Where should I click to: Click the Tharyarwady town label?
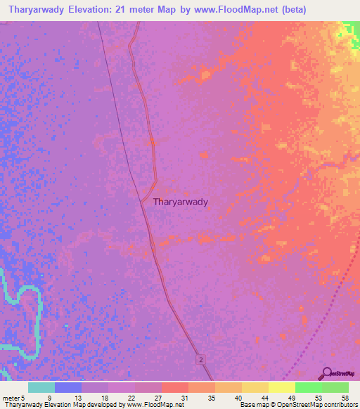tap(181, 202)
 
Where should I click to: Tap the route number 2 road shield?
tap(202, 359)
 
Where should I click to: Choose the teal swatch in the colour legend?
tap(41, 387)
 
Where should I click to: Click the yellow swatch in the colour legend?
tap(281, 387)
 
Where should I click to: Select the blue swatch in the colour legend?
tap(68, 387)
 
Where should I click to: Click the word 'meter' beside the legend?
tap(12, 398)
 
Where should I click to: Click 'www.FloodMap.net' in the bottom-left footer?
tap(150, 405)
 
